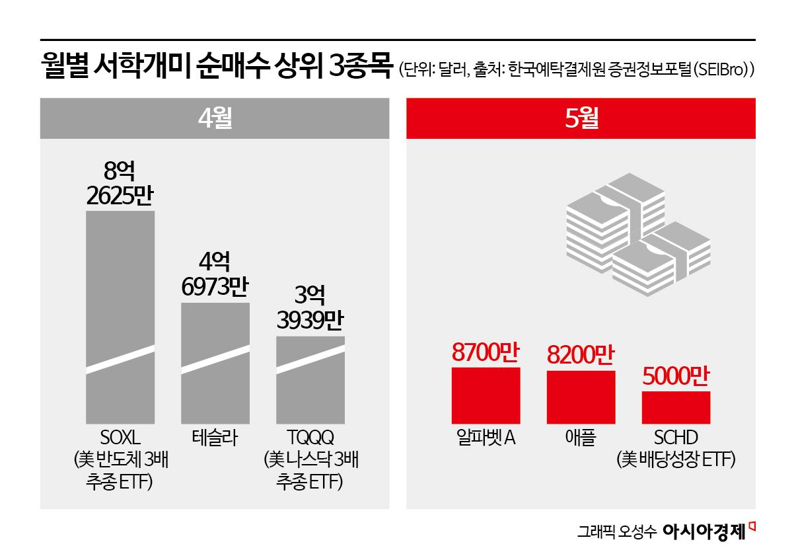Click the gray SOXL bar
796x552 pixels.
[120, 317]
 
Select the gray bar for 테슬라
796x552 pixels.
[215, 364]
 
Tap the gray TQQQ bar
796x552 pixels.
[310, 380]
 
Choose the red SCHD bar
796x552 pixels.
[676, 407]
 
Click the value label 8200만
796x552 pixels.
[581, 356]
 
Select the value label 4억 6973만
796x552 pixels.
[215, 276]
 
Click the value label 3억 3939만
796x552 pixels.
[310, 309]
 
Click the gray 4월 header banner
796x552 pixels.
[215, 118]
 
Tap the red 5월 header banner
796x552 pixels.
[581, 118]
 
